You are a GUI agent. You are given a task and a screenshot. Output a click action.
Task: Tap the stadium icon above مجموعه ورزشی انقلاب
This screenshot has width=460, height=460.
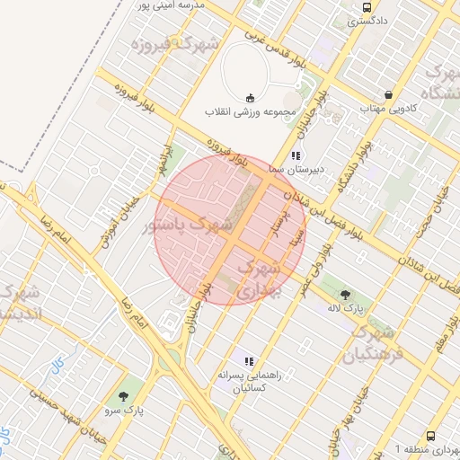point(250,97)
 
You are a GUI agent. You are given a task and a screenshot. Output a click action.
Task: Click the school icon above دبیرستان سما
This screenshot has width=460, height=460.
point(296,155)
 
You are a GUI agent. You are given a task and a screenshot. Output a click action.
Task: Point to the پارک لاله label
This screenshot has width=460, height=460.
point(356,307)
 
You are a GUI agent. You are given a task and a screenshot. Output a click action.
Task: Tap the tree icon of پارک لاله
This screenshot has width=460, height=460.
point(346,293)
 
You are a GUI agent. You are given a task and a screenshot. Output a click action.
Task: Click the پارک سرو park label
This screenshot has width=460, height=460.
point(123,410)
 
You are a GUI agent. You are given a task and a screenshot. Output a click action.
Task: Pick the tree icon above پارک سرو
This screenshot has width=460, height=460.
point(123,395)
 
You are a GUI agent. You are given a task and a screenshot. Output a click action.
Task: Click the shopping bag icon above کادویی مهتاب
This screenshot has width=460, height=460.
point(388,94)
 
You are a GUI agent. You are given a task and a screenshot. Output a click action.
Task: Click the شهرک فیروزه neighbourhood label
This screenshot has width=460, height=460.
point(174,43)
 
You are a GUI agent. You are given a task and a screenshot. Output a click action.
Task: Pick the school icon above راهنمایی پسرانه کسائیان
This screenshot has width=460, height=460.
point(249,361)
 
